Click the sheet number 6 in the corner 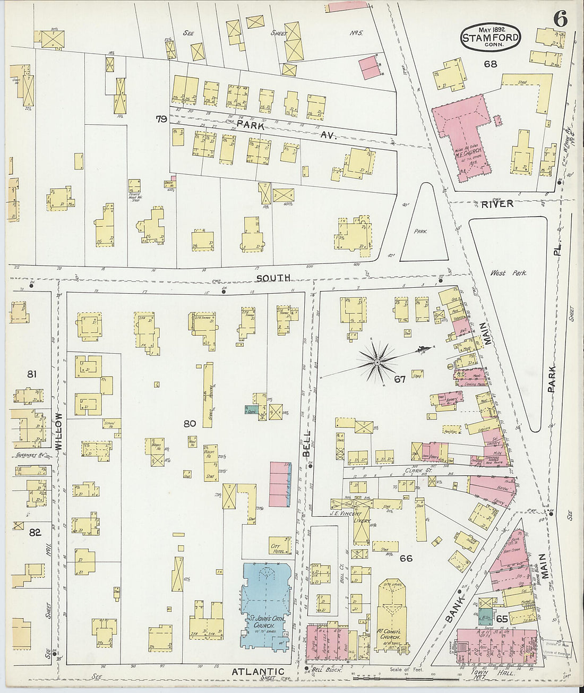pyautogui.click(x=560, y=19)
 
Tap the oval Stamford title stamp pyautogui.click(x=490, y=37)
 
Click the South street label pyautogui.click(x=273, y=278)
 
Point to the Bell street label pyautogui.click(x=307, y=443)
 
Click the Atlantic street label pyautogui.click(x=257, y=672)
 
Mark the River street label pyautogui.click(x=497, y=203)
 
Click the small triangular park pyautogui.click(x=422, y=228)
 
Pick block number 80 pyautogui.click(x=190, y=424)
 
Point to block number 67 pyautogui.click(x=400, y=379)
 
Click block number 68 pyautogui.click(x=490, y=64)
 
